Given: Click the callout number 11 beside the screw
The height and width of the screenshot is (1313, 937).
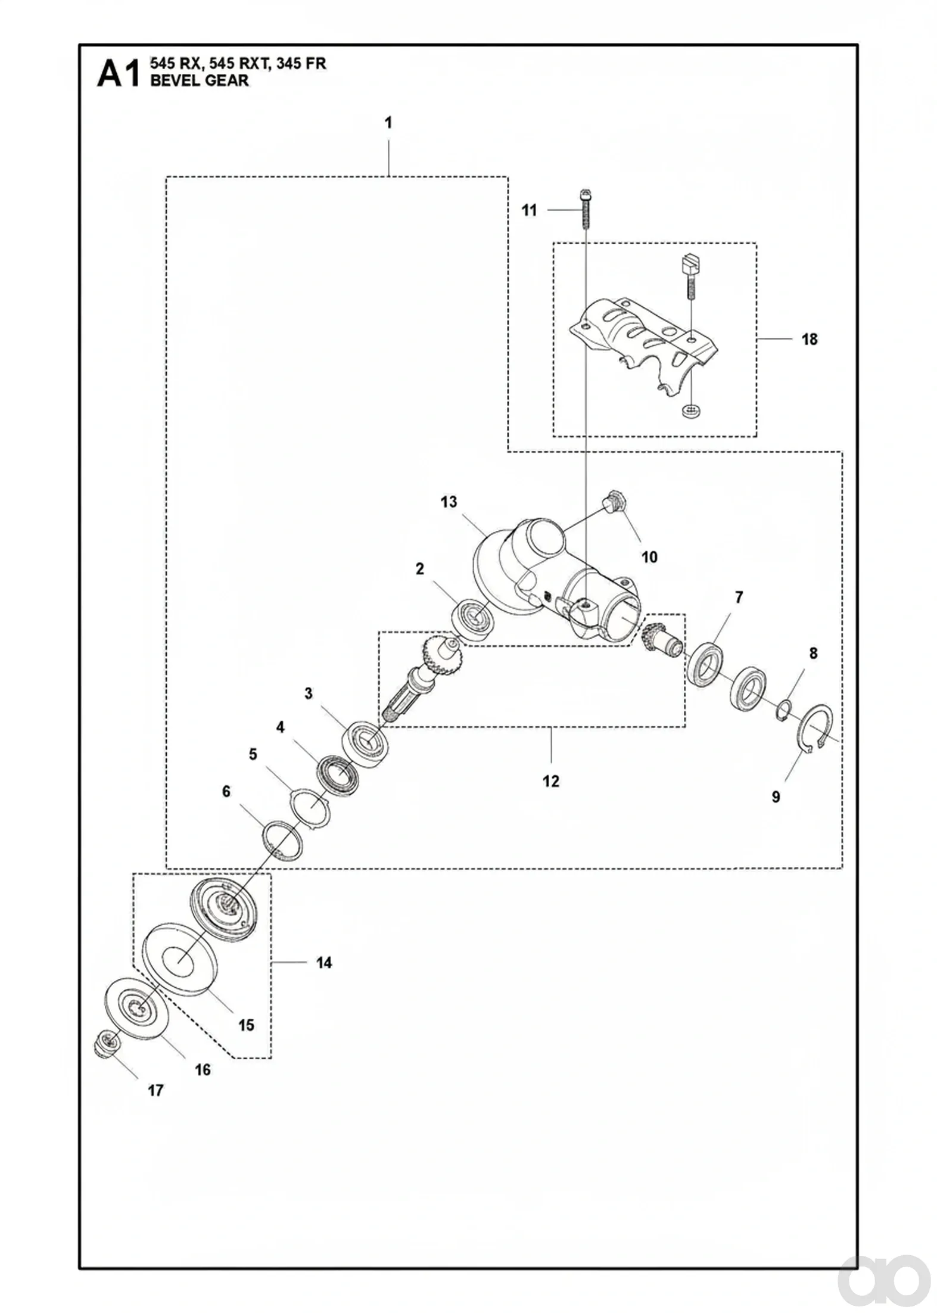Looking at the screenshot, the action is click(x=529, y=210).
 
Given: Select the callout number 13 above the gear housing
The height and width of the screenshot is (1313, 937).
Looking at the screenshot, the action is click(x=449, y=502).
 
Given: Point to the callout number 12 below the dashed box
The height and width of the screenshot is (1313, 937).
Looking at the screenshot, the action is click(x=551, y=781).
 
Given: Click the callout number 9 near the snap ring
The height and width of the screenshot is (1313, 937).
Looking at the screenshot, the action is click(x=776, y=796).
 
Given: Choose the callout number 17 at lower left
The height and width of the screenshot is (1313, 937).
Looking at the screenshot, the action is click(x=155, y=1091).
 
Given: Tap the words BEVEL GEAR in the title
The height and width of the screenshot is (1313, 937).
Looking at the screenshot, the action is click(x=200, y=80).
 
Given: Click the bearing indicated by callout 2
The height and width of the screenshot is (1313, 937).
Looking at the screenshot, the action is click(x=474, y=620).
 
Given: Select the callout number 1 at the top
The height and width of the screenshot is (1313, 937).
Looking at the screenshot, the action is click(x=388, y=123).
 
